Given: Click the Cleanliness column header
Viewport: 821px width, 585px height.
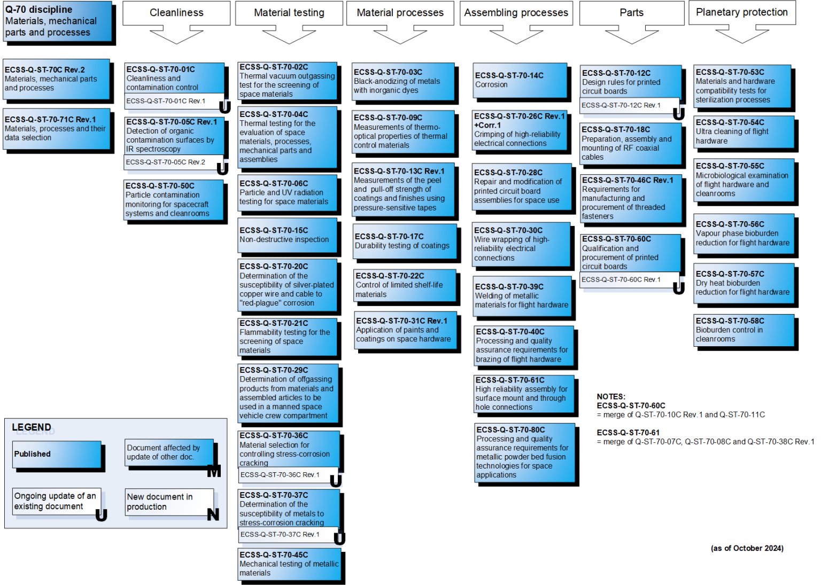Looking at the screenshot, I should [176, 13].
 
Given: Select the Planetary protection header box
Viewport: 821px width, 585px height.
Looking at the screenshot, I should [742, 12].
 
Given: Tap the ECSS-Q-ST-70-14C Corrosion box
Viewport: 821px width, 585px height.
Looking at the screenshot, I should [520, 80].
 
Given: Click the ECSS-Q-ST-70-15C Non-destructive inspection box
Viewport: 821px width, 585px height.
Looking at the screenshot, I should [288, 235].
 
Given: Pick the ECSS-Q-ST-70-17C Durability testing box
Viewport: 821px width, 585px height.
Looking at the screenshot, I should [405, 241].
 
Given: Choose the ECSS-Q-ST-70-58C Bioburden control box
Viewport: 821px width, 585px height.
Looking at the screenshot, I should [744, 330].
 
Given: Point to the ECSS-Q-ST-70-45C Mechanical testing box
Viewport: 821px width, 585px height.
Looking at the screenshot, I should [289, 564].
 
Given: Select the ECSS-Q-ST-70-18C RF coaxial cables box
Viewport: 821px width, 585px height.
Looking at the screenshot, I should [631, 144].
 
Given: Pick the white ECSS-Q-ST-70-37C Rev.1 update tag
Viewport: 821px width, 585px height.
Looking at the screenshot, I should [286, 534].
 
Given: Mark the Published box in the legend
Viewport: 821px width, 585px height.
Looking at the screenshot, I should [57, 454].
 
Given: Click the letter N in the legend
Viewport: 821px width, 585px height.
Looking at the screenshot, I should [213, 514].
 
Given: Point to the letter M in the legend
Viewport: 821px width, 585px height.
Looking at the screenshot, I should [214, 471].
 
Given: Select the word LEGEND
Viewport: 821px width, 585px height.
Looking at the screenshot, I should [32, 427].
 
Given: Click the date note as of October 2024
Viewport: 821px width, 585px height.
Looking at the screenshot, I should [747, 548].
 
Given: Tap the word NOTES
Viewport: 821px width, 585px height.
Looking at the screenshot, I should [611, 396].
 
